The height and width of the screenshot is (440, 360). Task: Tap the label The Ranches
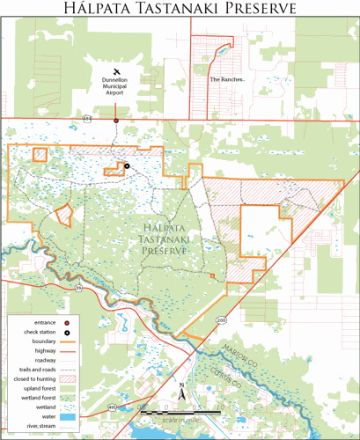(x=227, y=78)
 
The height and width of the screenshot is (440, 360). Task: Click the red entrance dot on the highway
(x=115, y=121)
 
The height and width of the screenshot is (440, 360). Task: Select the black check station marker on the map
(x=127, y=165)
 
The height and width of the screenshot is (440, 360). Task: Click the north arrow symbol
(x=180, y=392)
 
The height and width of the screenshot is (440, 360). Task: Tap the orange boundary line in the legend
(x=70, y=340)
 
